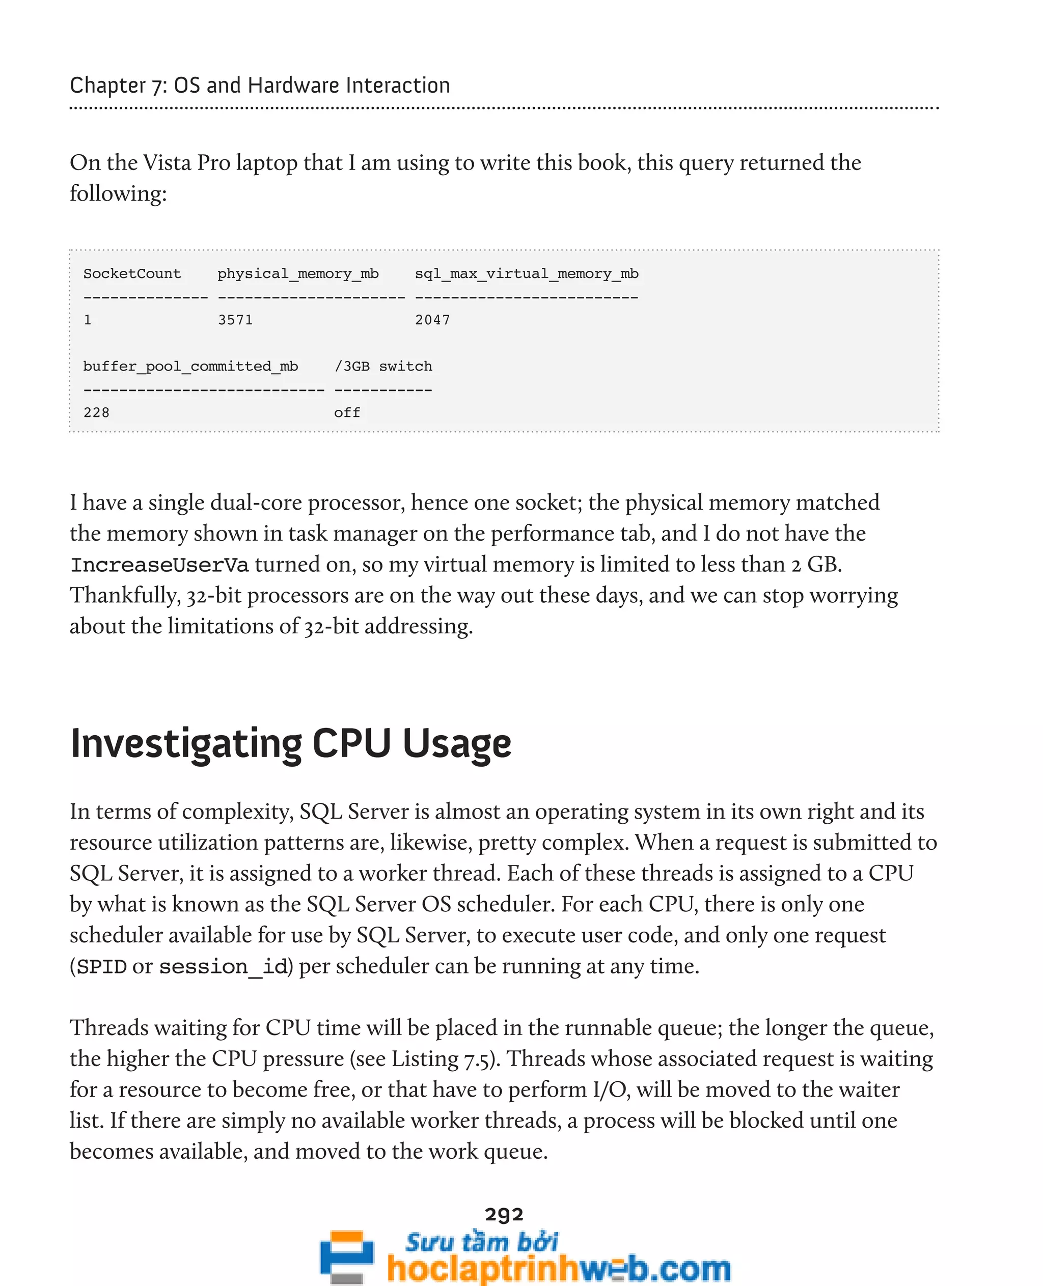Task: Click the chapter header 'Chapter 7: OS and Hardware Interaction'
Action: [x=260, y=86]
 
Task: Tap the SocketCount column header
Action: [x=132, y=274]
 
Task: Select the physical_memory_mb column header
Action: [x=298, y=274]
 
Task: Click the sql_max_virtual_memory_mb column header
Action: [x=526, y=274]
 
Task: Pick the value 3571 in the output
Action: [x=235, y=320]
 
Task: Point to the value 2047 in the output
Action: [x=432, y=320]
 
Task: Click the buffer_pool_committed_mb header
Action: [x=190, y=367]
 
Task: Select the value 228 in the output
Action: [x=96, y=413]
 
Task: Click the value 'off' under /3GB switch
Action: [x=347, y=413]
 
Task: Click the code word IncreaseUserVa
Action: [x=159, y=565]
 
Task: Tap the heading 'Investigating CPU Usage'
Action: [x=291, y=744]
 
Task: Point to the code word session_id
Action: [x=223, y=967]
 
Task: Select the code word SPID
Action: [x=101, y=967]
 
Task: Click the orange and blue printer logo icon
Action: [x=346, y=1256]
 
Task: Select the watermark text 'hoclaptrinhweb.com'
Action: [x=559, y=1268]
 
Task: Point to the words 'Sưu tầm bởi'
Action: [x=481, y=1241]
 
